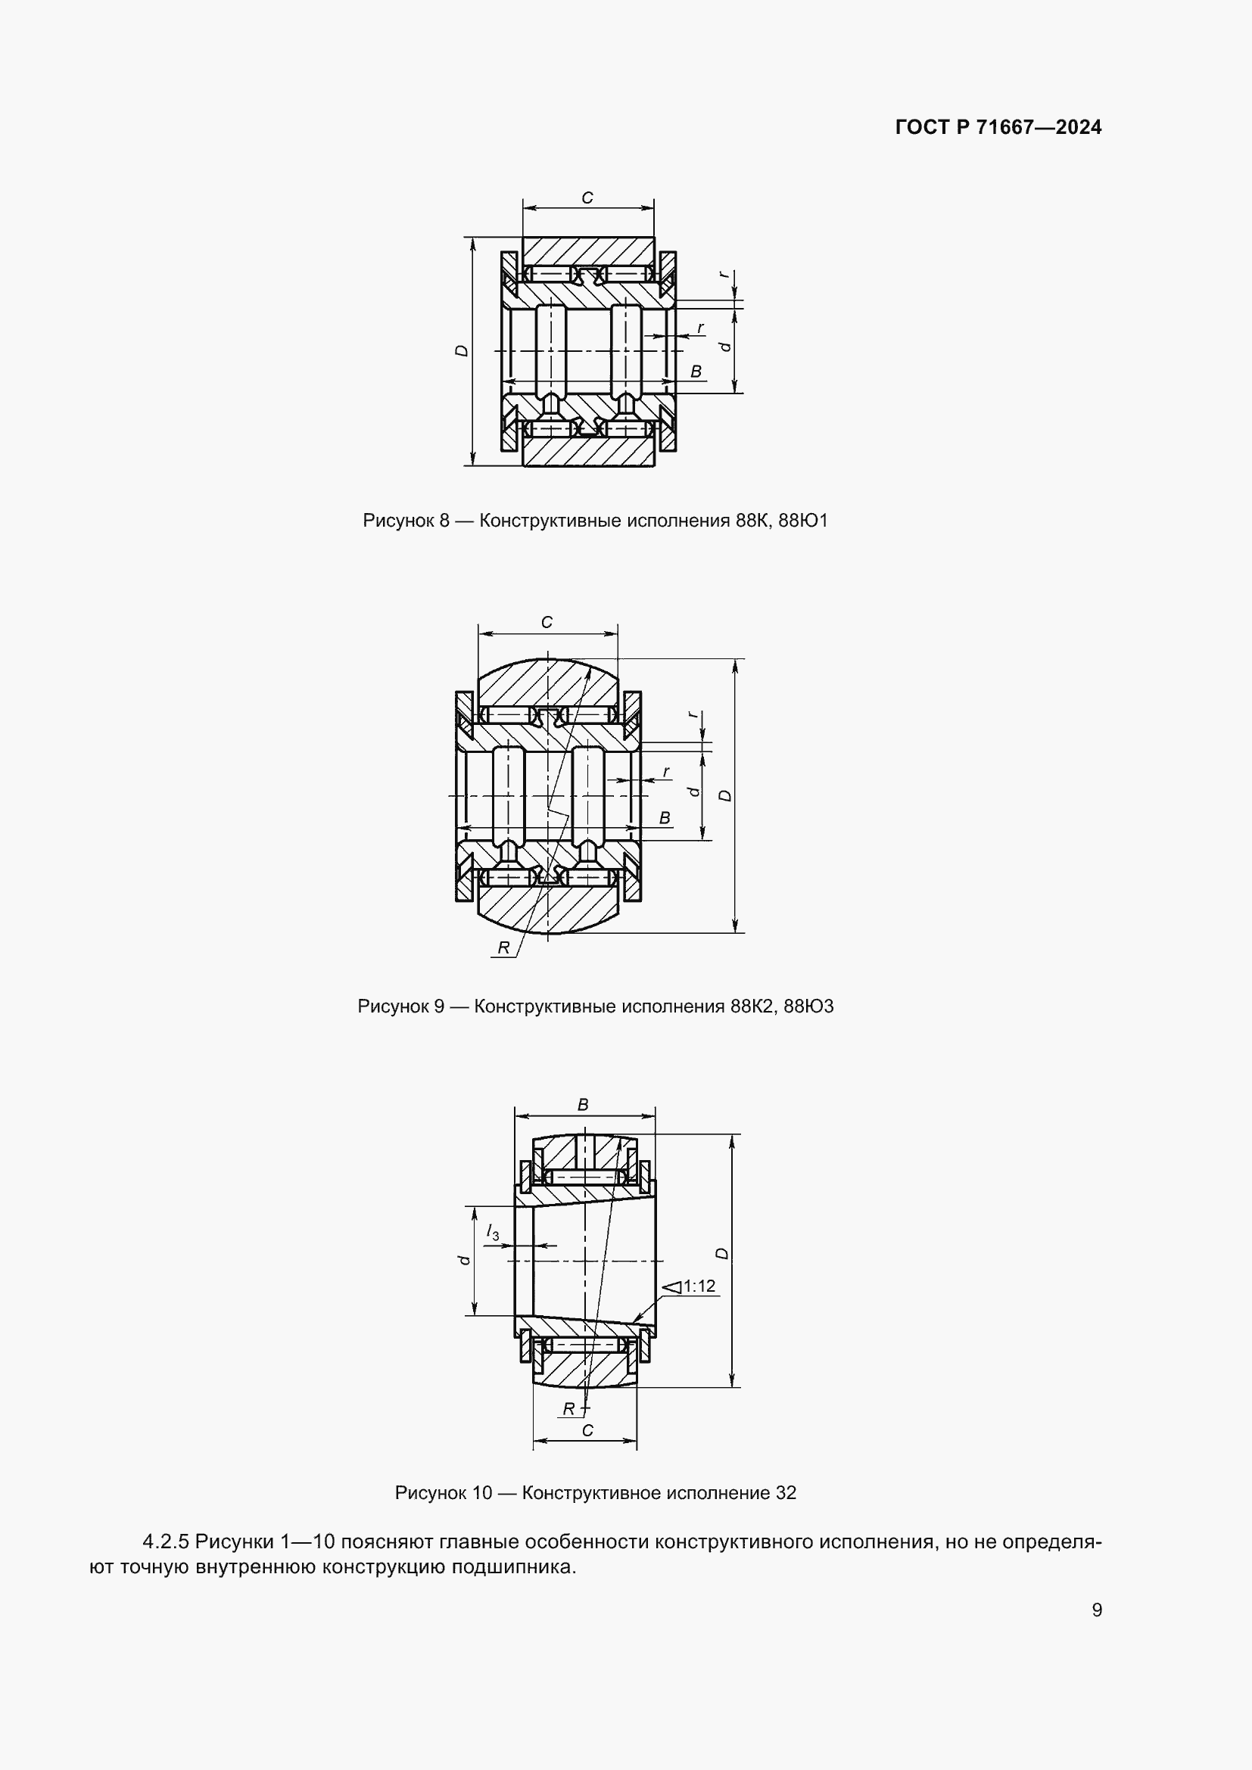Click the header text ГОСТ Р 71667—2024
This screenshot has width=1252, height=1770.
[x=998, y=127]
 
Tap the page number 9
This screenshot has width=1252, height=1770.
[x=1097, y=1610]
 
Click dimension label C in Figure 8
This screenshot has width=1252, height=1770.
[x=587, y=198]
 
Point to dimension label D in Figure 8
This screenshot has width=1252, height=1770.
[x=461, y=350]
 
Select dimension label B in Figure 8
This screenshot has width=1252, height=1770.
[x=696, y=372]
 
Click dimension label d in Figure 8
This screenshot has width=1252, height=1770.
[x=724, y=347]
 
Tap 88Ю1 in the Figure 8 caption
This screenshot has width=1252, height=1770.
[x=803, y=521]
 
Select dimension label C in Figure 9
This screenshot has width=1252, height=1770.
[x=547, y=622]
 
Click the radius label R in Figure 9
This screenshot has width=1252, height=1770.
[x=503, y=947]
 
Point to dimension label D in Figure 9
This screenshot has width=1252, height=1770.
[x=724, y=795]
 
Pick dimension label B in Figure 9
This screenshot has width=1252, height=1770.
[x=665, y=818]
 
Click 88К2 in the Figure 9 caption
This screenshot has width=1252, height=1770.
[x=752, y=1006]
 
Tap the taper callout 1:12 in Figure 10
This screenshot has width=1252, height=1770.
[x=699, y=1286]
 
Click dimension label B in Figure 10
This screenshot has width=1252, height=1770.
[x=583, y=1105]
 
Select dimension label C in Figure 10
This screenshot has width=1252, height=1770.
[x=587, y=1431]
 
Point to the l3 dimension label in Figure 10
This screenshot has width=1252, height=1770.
[x=493, y=1233]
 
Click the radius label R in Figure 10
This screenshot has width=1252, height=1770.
[x=568, y=1409]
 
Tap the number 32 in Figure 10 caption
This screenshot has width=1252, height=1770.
[x=786, y=1493]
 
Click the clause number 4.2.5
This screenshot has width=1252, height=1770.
[x=166, y=1541]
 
